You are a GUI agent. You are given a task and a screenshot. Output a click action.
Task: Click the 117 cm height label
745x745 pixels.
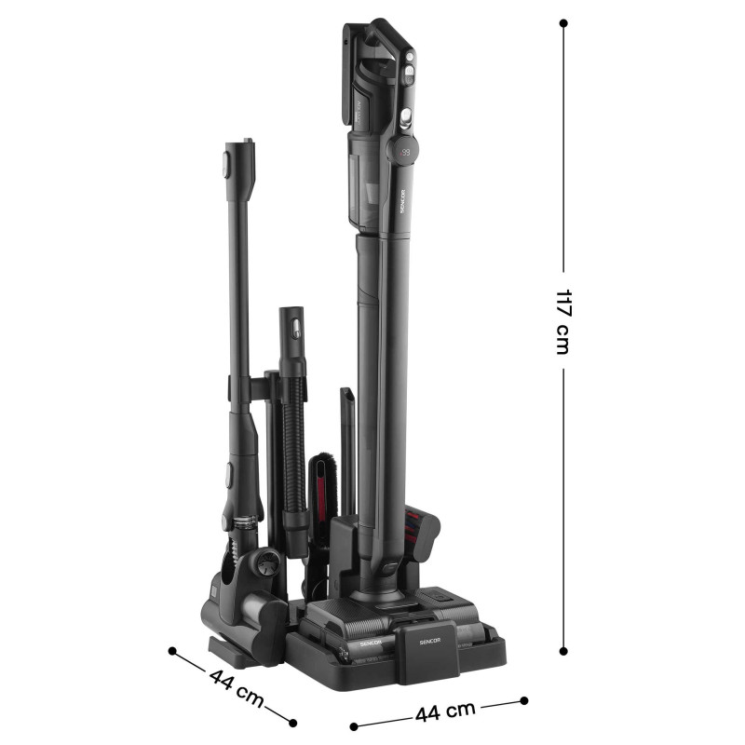coord(563,321)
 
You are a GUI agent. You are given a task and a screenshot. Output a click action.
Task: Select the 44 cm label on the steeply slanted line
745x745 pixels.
coord(237,686)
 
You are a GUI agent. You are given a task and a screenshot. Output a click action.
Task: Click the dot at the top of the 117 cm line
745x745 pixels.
coord(563,22)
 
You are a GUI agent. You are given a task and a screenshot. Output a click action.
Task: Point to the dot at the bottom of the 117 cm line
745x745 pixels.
coord(563,651)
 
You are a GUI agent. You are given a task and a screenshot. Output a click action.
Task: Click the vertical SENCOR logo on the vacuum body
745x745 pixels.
coord(403,201)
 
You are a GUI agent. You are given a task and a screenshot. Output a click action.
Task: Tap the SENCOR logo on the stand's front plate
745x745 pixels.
coord(430,641)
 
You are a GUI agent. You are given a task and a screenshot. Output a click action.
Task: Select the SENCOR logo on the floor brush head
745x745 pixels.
coord(371,643)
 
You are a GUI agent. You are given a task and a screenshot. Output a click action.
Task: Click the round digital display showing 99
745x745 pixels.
coord(404,152)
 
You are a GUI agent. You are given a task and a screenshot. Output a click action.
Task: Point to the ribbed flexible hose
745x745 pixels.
coord(294,441)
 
